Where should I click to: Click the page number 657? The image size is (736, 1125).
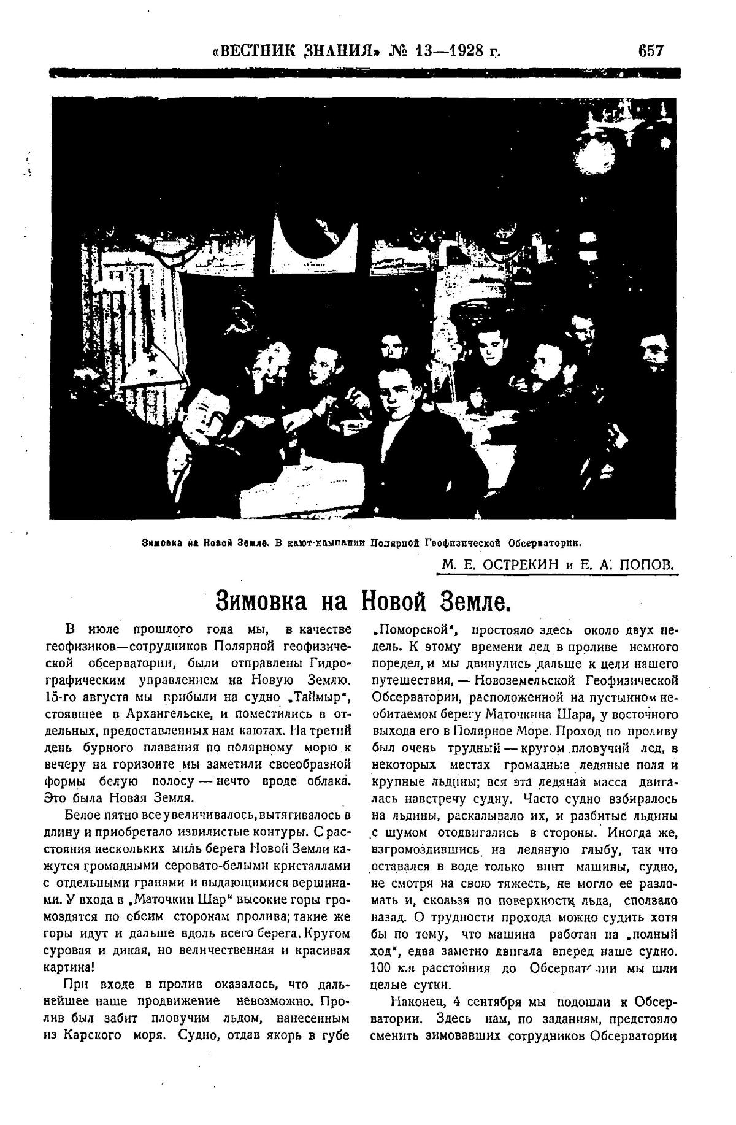pyautogui.click(x=650, y=50)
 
